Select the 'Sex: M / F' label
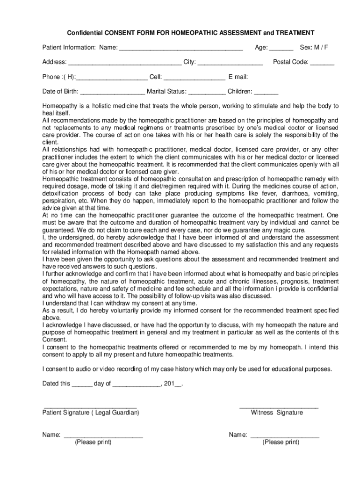click(x=314, y=47)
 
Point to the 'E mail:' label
click(x=238, y=77)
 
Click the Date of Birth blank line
click(x=112, y=93)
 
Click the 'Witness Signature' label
click(x=277, y=413)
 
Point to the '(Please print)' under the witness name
click(x=281, y=442)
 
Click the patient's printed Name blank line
click(x=103, y=436)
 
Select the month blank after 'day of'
click(x=136, y=385)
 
